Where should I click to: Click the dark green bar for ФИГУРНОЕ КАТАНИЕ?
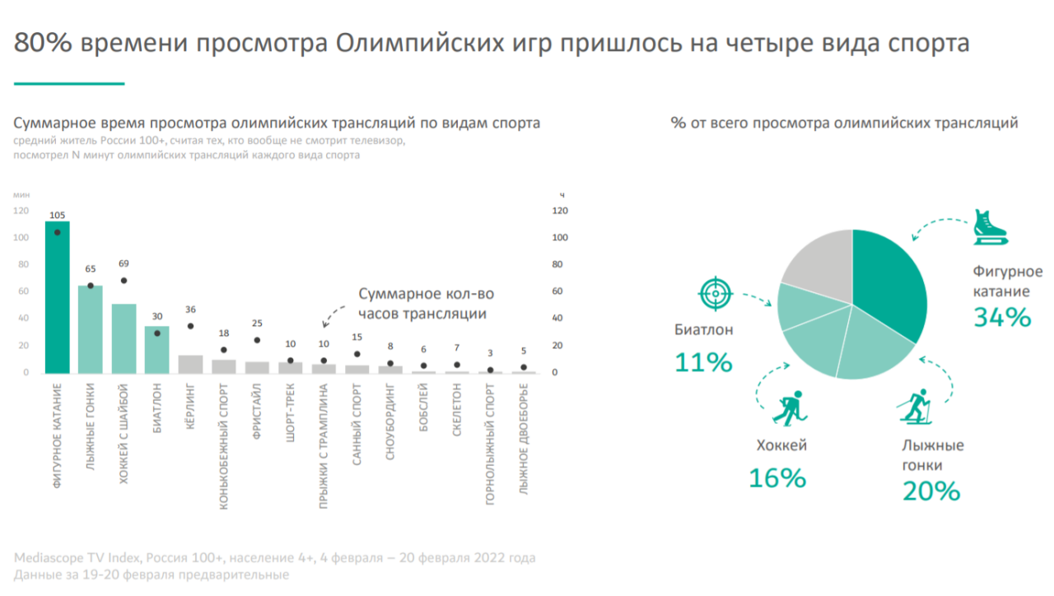pos(57,297)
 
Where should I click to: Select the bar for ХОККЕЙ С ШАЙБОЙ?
pos(124,338)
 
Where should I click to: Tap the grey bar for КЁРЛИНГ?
pos(190,364)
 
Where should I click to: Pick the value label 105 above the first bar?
pos(57,216)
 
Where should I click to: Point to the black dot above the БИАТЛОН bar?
pos(157,333)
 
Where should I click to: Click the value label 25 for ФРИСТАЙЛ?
pos(257,323)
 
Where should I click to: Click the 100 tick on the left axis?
pos(21,238)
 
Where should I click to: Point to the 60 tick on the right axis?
pos(557,291)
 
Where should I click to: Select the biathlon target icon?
pos(714,294)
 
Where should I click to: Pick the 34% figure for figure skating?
pos(1001,318)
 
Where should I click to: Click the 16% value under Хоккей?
pos(777,478)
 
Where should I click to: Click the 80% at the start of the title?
pos(43,43)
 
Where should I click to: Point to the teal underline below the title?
pos(69,83)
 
